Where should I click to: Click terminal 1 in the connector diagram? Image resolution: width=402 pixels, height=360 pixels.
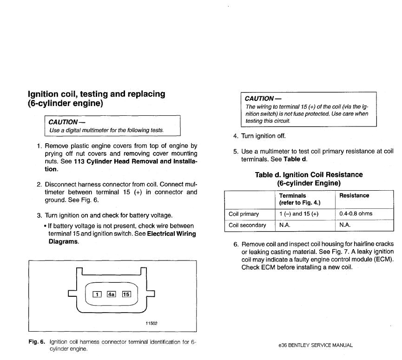tap(97, 293)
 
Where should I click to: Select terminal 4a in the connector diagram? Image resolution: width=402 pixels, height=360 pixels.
tap(112, 293)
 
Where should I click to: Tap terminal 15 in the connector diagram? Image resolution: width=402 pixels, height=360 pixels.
tap(126, 293)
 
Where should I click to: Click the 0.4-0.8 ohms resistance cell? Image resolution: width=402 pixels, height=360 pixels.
tap(356, 213)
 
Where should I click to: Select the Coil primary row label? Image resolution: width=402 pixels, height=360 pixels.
tap(244, 213)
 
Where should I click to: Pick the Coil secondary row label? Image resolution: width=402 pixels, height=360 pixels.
tap(247, 225)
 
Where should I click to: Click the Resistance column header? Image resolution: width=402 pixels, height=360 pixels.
tap(354, 196)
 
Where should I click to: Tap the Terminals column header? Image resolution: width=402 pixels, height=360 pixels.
tap(292, 196)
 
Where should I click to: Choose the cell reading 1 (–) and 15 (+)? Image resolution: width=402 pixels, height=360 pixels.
tap(299, 213)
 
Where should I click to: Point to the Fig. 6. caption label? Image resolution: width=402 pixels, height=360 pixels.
tap(37, 342)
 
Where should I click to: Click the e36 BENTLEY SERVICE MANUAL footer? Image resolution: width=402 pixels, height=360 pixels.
tap(316, 345)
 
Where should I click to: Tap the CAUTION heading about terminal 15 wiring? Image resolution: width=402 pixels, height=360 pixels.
tap(263, 98)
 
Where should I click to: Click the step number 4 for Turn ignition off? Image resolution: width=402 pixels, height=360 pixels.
tap(236, 136)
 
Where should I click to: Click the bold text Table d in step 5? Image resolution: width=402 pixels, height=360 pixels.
tap(295, 159)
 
